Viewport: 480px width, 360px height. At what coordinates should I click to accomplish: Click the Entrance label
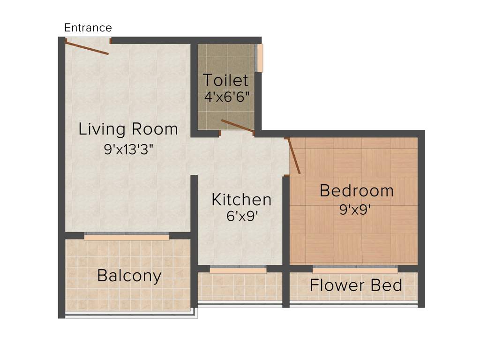click(x=88, y=28)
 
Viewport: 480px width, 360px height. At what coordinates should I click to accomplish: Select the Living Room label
click(x=128, y=129)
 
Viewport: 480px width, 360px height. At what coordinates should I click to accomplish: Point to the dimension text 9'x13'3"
click(x=128, y=150)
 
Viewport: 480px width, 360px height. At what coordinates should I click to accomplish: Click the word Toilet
click(x=225, y=80)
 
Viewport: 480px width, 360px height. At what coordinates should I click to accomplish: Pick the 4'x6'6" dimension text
click(x=226, y=97)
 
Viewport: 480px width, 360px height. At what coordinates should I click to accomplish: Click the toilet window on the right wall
click(x=260, y=58)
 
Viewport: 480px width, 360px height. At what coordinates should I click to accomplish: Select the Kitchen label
click(x=241, y=200)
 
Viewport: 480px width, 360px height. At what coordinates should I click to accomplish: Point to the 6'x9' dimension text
click(x=242, y=216)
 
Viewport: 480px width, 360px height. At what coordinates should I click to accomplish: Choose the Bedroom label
click(x=356, y=191)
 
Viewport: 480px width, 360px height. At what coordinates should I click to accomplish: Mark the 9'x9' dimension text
click(x=356, y=209)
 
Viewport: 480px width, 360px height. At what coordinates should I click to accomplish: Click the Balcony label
click(x=129, y=276)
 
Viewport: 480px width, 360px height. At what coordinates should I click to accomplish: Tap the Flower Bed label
click(x=356, y=285)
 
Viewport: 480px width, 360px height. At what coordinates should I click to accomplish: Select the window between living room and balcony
click(x=127, y=237)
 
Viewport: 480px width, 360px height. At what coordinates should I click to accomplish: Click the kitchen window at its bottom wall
click(x=238, y=270)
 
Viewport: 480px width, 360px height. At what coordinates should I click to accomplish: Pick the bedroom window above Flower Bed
click(x=355, y=269)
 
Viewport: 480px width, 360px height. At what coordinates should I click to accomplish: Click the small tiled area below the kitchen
click(x=240, y=287)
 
